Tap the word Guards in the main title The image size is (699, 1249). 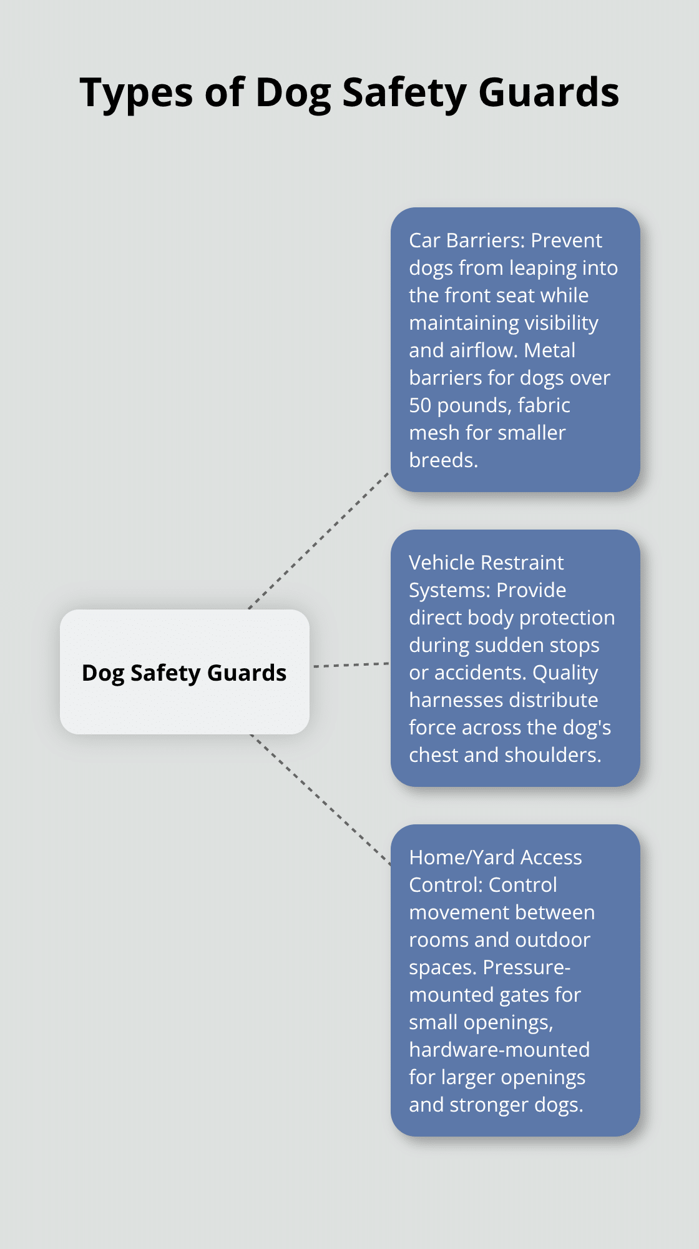click(x=549, y=92)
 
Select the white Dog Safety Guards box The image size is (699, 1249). click(x=185, y=672)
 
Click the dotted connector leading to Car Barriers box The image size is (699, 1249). click(x=319, y=540)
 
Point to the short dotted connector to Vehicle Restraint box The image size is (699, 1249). click(x=351, y=665)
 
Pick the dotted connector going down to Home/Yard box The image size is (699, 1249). click(x=320, y=800)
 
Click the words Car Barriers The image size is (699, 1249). click(x=467, y=240)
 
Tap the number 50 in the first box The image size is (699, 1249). click(x=420, y=405)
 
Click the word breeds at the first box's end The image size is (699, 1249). click(x=443, y=460)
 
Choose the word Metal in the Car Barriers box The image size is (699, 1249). click(x=549, y=350)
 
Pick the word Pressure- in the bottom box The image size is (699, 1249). click(x=527, y=967)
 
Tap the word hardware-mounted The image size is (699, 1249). click(x=499, y=1050)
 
